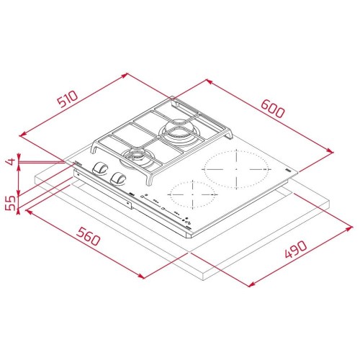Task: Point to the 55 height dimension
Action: pyautogui.click(x=11, y=202)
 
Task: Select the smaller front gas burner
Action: pyautogui.click(x=135, y=155)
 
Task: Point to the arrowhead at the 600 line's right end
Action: pyautogui.click(x=333, y=151)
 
